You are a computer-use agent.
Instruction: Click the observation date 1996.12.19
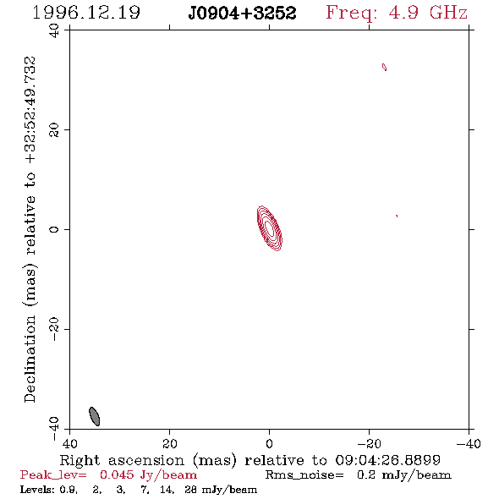tap(86, 13)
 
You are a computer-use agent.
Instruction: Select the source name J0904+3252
tap(242, 14)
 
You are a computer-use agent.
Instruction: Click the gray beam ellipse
tap(94, 416)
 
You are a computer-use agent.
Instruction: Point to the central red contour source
tap(270, 228)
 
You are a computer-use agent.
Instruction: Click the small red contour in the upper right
tap(385, 67)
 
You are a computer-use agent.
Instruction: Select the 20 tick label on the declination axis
tap(54, 130)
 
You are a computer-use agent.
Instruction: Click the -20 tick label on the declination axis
tap(54, 329)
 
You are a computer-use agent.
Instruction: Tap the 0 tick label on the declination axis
tap(54, 229)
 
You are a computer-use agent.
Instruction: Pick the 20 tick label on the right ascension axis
tap(170, 443)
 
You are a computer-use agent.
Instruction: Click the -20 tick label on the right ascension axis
tap(369, 443)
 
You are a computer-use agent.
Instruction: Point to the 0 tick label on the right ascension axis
tap(269, 443)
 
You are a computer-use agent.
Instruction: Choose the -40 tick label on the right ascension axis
tap(469, 443)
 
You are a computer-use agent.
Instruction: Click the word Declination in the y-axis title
tap(30, 359)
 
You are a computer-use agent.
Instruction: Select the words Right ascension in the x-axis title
tap(122, 460)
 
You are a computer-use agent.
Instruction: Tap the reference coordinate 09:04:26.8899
tap(388, 460)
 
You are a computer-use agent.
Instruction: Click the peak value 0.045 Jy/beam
tap(148, 475)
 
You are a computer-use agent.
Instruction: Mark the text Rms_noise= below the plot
tap(304, 475)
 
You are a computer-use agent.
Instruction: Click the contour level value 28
tap(190, 489)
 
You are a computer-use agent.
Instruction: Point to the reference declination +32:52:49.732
tap(30, 110)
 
